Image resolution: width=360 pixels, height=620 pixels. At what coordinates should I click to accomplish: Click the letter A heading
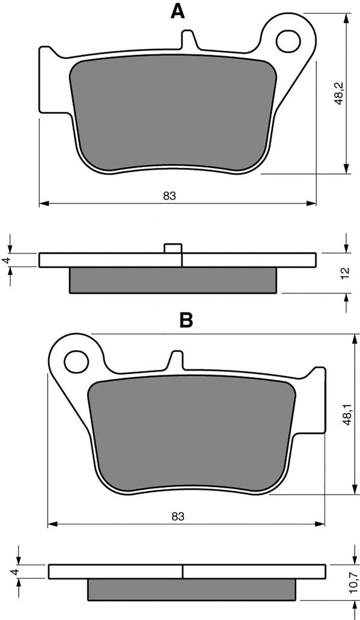coord(177,12)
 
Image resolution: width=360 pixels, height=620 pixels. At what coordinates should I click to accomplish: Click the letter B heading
coord(186,320)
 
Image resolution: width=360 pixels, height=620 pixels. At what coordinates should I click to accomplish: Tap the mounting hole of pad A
coord(289,41)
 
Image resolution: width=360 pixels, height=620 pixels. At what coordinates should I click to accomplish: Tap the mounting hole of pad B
coord(77,361)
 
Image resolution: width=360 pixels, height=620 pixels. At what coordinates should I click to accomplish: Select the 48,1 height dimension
coord(348,414)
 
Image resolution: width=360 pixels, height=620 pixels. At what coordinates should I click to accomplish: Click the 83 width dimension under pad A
coord(169,196)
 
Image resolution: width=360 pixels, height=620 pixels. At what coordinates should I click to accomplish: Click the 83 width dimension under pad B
coord(178,516)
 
